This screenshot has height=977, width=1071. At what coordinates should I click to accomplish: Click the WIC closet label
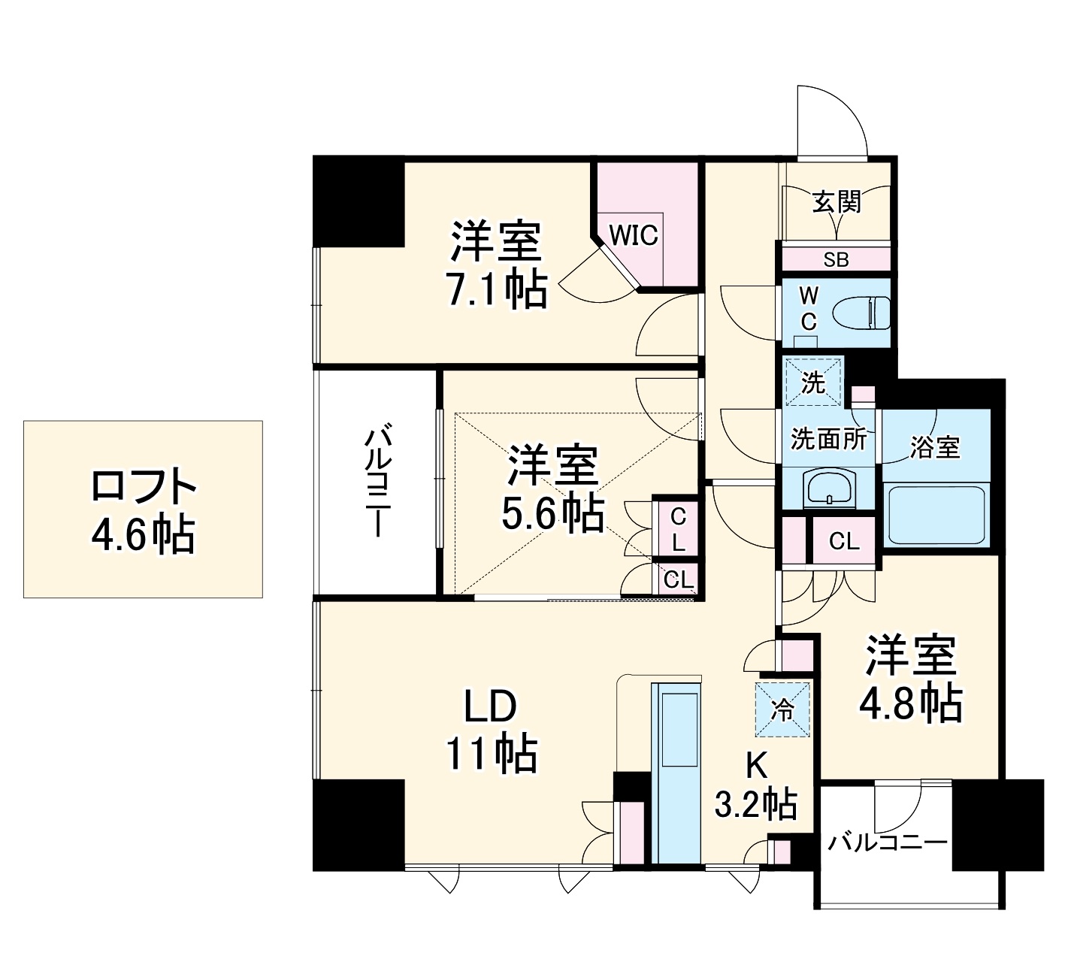pyautogui.click(x=634, y=235)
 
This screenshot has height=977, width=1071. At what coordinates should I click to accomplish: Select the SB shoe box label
pyautogui.click(x=836, y=260)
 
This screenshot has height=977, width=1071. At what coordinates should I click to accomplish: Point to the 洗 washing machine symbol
pyautogui.click(x=812, y=382)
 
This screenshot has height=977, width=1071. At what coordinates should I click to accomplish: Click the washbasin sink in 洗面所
pyautogui.click(x=829, y=488)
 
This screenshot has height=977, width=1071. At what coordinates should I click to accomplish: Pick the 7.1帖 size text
pyautogui.click(x=496, y=289)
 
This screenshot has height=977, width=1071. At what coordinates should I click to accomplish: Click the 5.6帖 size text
pyautogui.click(x=552, y=514)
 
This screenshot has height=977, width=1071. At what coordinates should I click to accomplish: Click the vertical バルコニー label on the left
pyautogui.click(x=378, y=481)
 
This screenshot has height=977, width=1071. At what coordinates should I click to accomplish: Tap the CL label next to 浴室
pyautogui.click(x=843, y=541)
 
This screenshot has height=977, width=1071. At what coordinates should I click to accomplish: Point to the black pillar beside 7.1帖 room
pyautogui.click(x=359, y=201)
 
